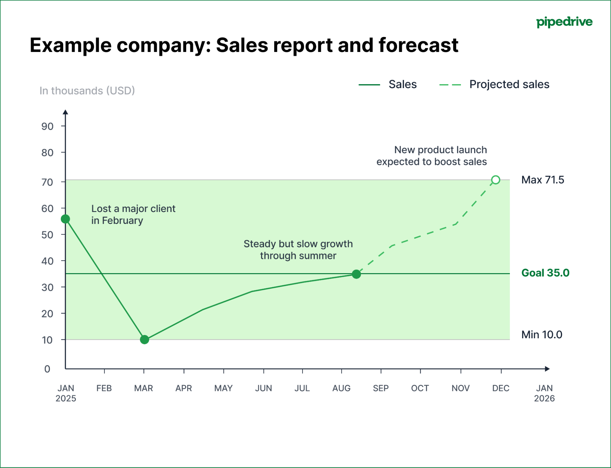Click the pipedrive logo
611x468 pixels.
pyautogui.click(x=564, y=22)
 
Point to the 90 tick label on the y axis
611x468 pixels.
pyautogui.click(x=47, y=126)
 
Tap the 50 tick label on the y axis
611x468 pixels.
pyautogui.click(x=47, y=235)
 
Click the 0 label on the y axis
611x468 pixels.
pyautogui.click(x=47, y=369)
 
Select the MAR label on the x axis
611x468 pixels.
pyautogui.click(x=144, y=388)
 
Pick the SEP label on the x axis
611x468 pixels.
pyautogui.click(x=381, y=388)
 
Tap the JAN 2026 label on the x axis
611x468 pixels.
pyautogui.click(x=544, y=393)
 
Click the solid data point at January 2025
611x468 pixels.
pyautogui.click(x=65, y=219)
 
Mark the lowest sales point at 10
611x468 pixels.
pyautogui.click(x=144, y=340)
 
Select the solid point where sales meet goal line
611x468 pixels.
pyautogui.click(x=356, y=274)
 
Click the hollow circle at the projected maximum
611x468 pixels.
pyautogui.click(x=496, y=180)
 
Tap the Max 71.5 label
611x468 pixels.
pyautogui.click(x=543, y=180)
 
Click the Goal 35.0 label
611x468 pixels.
pyautogui.click(x=545, y=273)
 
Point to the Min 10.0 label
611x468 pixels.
pyautogui.click(x=542, y=335)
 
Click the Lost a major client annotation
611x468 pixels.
pyautogui.click(x=133, y=214)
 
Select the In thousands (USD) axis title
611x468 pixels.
pyautogui.click(x=87, y=91)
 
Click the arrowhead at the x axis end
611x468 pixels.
pyautogui.click(x=547, y=369)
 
